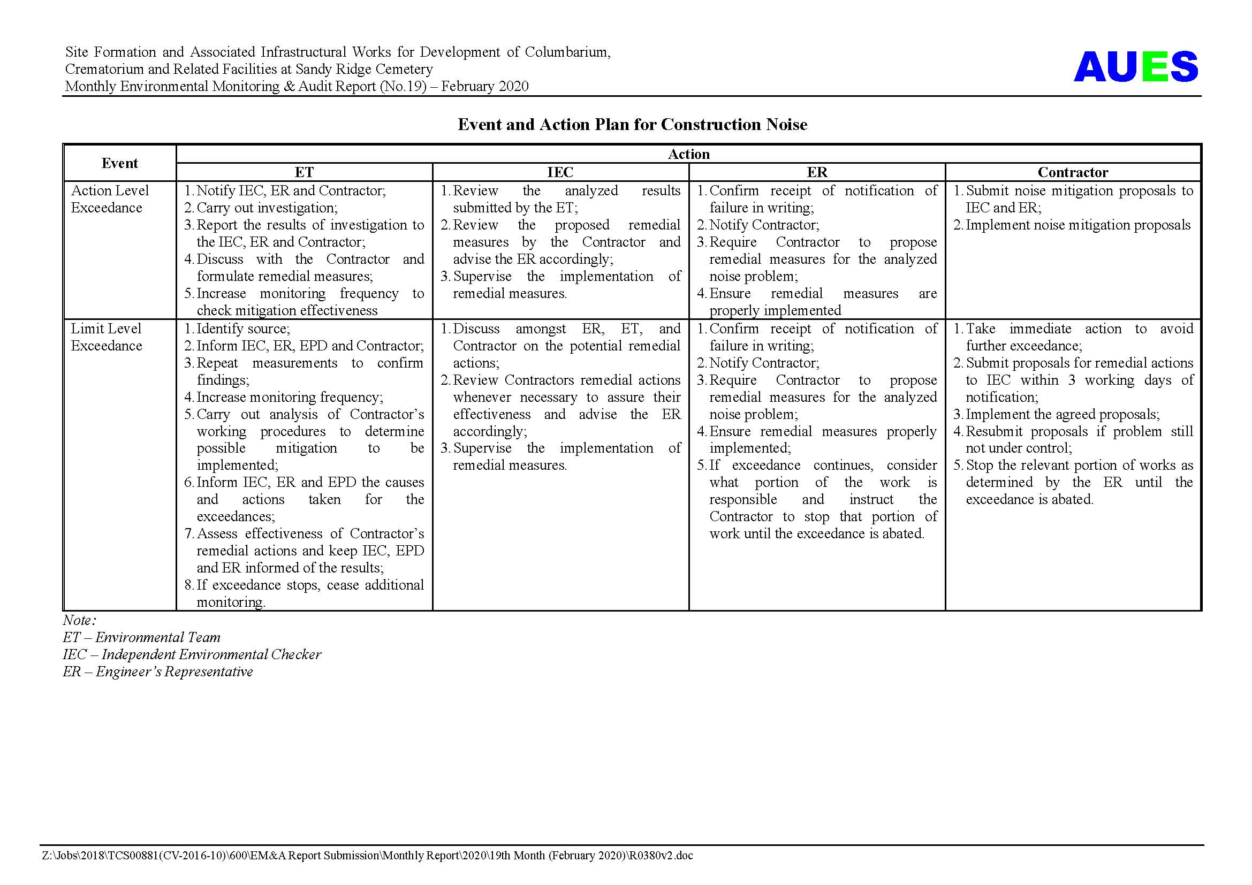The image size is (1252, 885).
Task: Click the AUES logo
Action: coord(1135,66)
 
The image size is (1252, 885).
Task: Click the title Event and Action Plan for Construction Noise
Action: coord(632,125)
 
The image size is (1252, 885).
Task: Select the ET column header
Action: coord(303,172)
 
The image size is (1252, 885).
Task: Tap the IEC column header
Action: coord(560,172)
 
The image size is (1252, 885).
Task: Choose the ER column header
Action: coord(816,172)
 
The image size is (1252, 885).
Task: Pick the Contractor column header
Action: coord(1073,172)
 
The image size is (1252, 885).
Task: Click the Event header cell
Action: coord(119,163)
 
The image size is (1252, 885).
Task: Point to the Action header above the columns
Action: coord(689,154)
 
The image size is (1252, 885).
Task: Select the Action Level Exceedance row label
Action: coord(110,199)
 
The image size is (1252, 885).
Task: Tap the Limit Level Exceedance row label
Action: coord(107,337)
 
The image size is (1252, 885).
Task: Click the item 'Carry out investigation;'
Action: coord(267,208)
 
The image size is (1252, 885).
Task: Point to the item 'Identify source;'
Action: coord(242,329)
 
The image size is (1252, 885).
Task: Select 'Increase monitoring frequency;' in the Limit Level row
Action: coord(290,396)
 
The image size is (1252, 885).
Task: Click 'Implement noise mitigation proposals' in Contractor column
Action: coord(1078,225)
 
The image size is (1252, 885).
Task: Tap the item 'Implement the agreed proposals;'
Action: coord(1062,414)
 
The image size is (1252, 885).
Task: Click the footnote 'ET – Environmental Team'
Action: coord(142,637)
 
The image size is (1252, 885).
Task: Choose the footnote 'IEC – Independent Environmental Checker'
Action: coord(192,654)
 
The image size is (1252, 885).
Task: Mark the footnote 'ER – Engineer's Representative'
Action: coord(157,672)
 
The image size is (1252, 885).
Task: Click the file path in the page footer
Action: coord(367,856)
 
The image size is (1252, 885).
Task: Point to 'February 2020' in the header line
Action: coord(485,86)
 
